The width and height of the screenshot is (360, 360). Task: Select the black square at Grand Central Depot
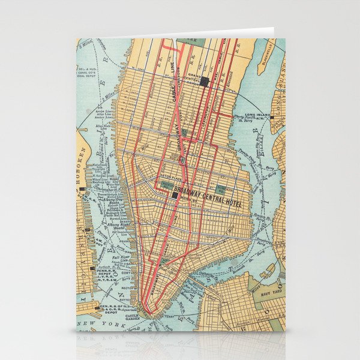[x=205, y=82]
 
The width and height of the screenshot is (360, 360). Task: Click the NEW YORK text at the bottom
[x=108, y=324]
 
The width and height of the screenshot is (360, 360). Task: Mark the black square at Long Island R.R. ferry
[x=272, y=117]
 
